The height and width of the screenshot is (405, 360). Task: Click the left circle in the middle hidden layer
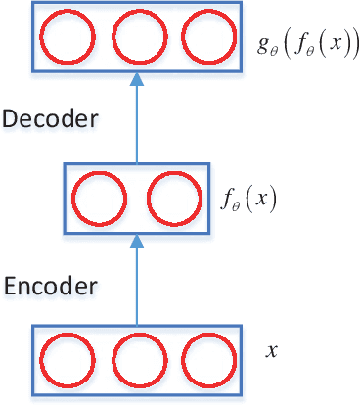[x=96, y=200]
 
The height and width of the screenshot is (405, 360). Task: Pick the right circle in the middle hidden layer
[x=171, y=200]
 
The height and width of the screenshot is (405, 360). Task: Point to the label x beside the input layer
[x=271, y=349]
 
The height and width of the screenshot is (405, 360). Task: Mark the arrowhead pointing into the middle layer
[x=137, y=240]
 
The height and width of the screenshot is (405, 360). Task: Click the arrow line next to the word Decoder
[x=137, y=122]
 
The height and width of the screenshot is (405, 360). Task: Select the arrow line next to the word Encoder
[x=137, y=284]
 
